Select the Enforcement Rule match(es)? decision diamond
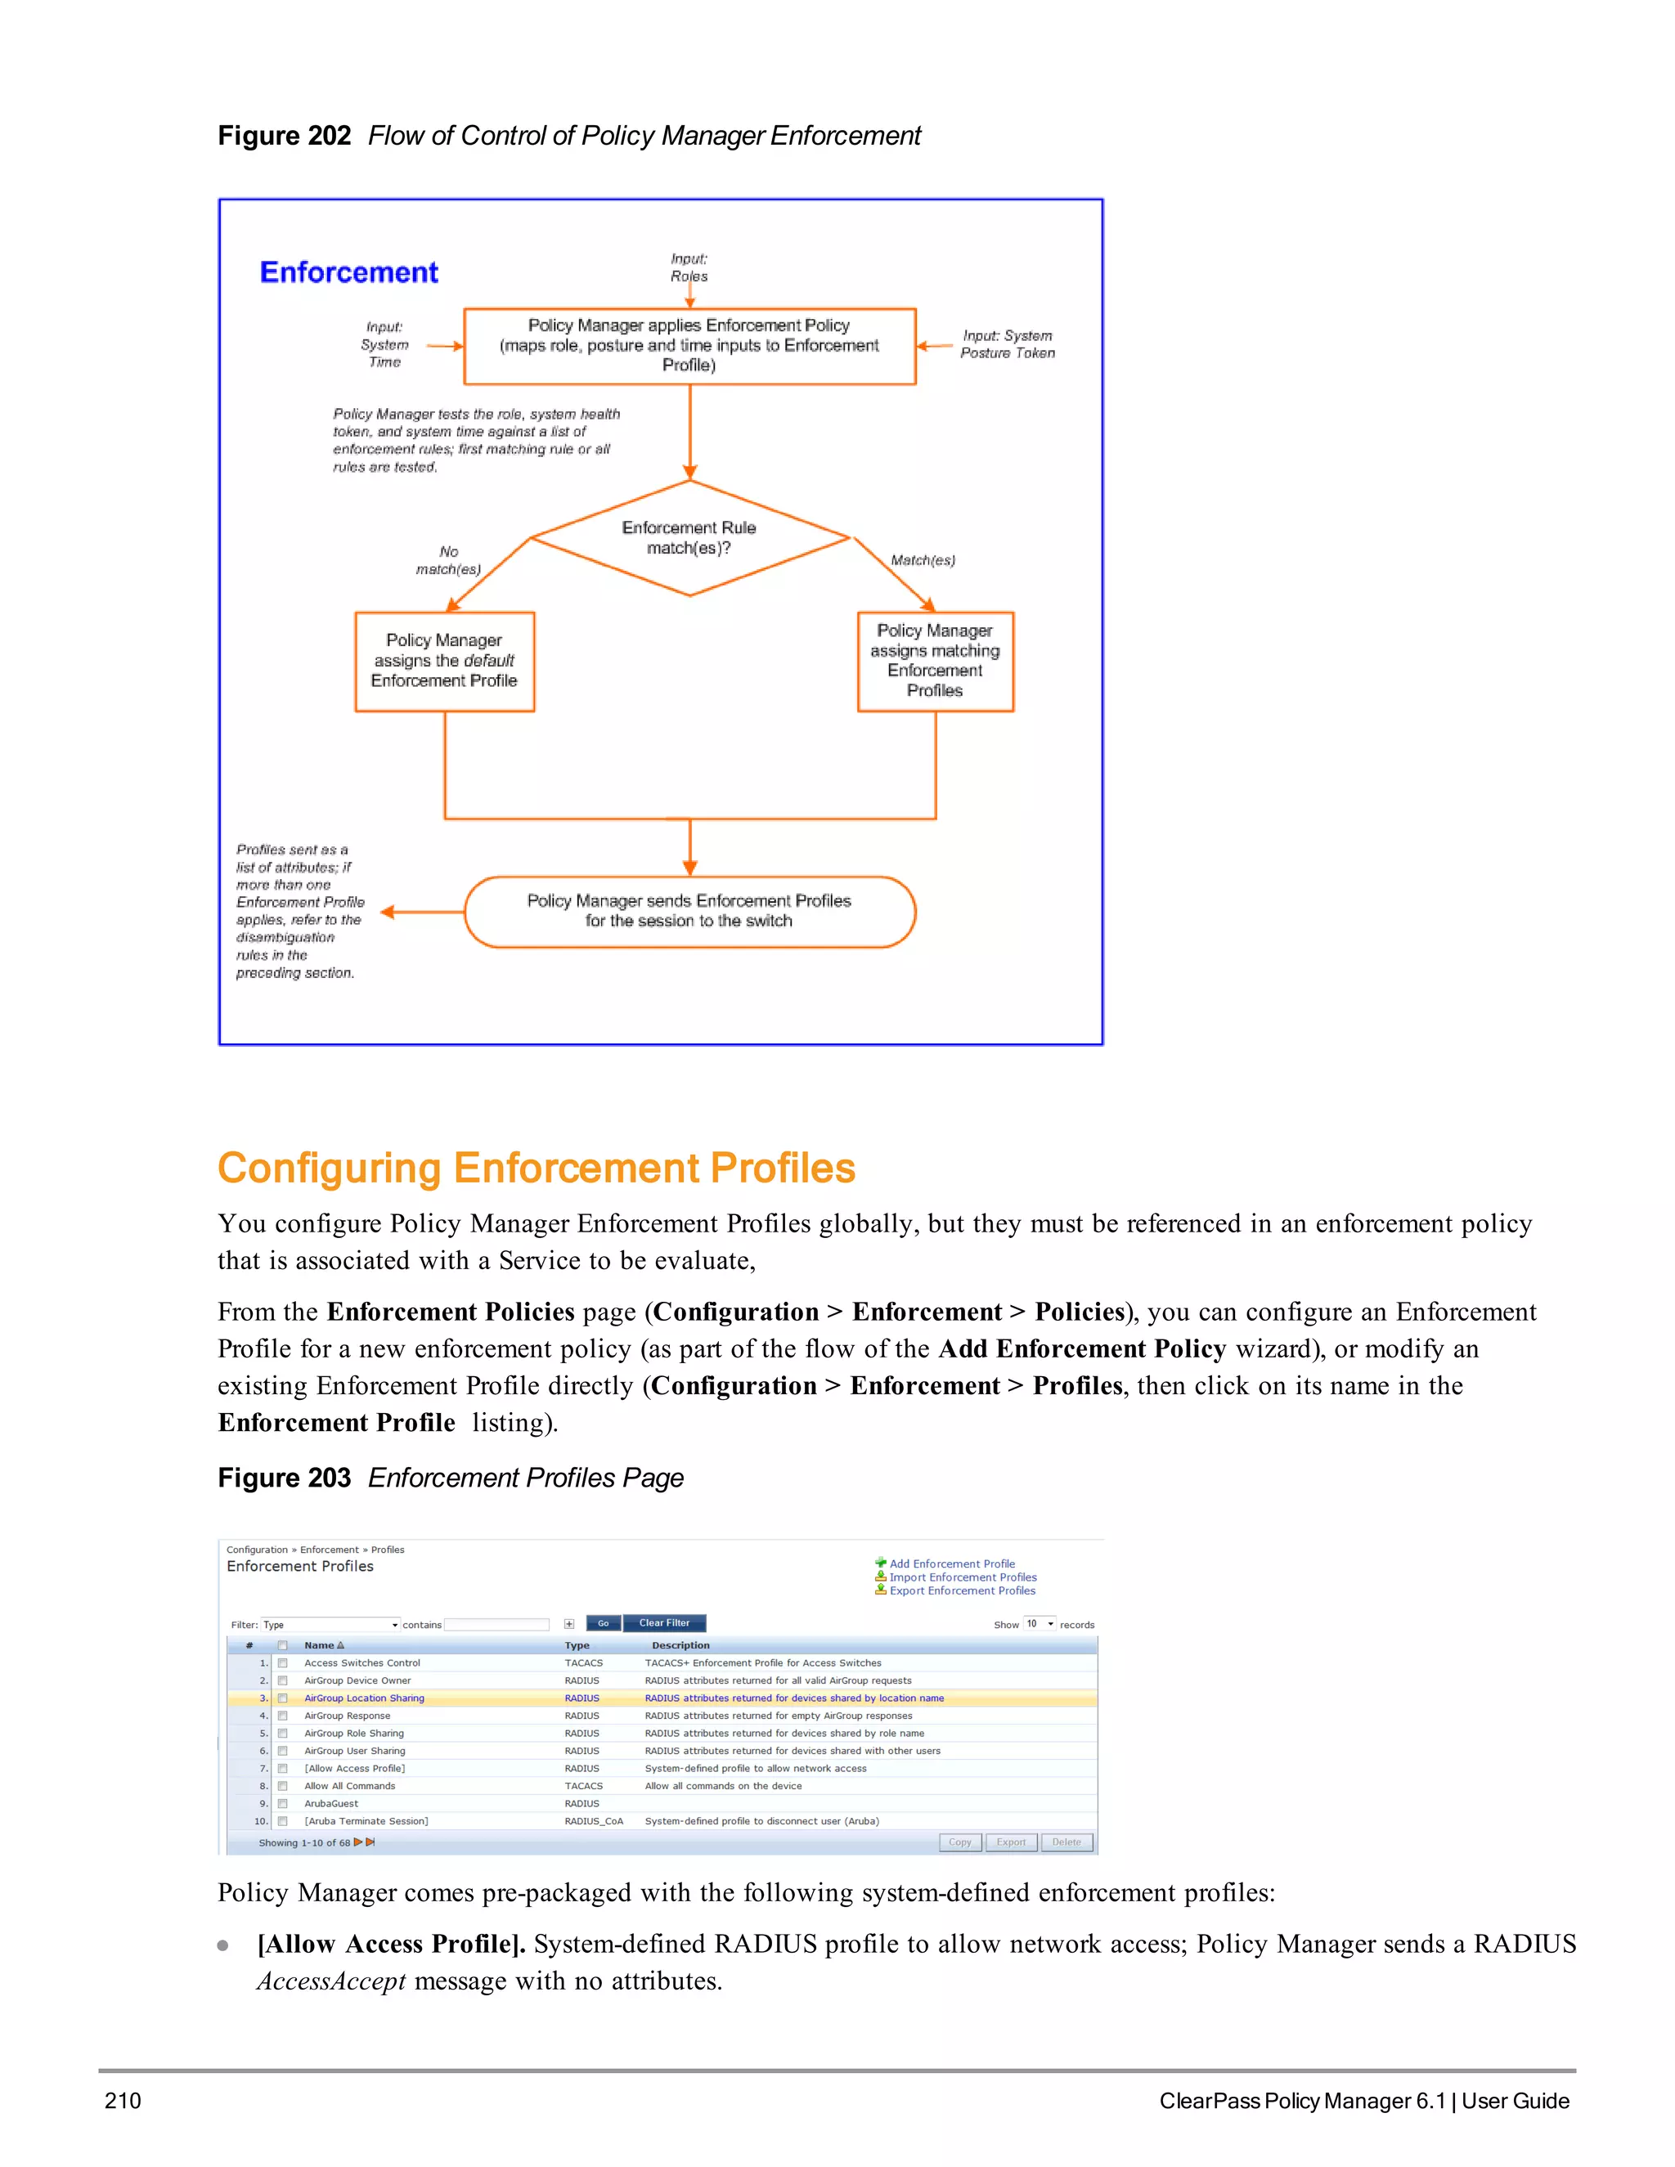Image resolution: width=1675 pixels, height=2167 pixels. [x=689, y=538]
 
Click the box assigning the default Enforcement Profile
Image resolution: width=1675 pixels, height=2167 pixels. [x=445, y=661]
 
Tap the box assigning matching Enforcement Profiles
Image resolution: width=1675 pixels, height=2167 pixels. [x=935, y=661]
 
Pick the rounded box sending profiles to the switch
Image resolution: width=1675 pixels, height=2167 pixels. [x=689, y=911]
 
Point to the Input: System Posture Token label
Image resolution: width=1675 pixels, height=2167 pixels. [x=1006, y=344]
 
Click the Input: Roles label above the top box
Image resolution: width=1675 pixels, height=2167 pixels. [x=689, y=267]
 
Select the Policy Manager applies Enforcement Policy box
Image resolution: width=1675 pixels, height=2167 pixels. [x=689, y=345]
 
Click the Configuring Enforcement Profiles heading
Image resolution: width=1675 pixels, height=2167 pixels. [x=536, y=1168]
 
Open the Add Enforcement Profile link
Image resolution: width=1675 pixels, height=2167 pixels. [x=952, y=1564]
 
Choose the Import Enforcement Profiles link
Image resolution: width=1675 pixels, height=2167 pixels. [x=963, y=1577]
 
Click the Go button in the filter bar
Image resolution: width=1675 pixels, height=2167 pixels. [x=604, y=1623]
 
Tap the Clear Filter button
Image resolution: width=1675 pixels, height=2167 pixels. [x=664, y=1623]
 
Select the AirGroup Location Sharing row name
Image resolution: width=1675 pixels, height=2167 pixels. [x=364, y=1698]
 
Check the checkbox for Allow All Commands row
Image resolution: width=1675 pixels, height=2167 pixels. [x=283, y=1786]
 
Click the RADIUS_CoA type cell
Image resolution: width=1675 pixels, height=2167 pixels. [x=594, y=1821]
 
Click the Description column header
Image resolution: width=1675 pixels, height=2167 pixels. [x=680, y=1645]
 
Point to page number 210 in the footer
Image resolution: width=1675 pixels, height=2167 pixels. [x=123, y=2101]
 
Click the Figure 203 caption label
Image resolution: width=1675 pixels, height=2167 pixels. [x=284, y=1478]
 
